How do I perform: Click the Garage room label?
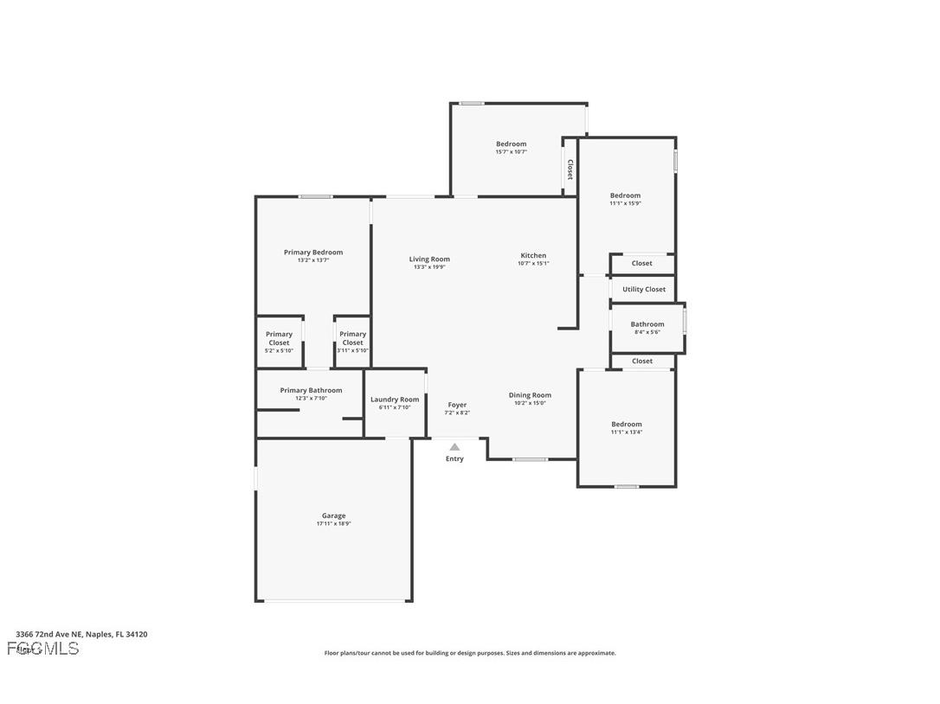(x=333, y=515)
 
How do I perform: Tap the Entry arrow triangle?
(x=454, y=447)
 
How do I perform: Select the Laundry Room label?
(x=395, y=400)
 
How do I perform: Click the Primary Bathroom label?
(x=311, y=390)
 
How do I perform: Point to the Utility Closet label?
(x=644, y=289)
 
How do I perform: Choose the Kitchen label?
(x=533, y=255)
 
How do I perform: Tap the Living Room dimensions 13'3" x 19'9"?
(x=429, y=267)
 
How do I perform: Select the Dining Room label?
(x=530, y=395)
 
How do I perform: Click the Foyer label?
(x=457, y=405)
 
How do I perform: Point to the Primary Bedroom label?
(x=313, y=253)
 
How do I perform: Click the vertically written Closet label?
(x=570, y=169)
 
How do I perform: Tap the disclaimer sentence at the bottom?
(x=470, y=653)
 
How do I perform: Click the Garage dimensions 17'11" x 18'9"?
(x=333, y=523)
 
